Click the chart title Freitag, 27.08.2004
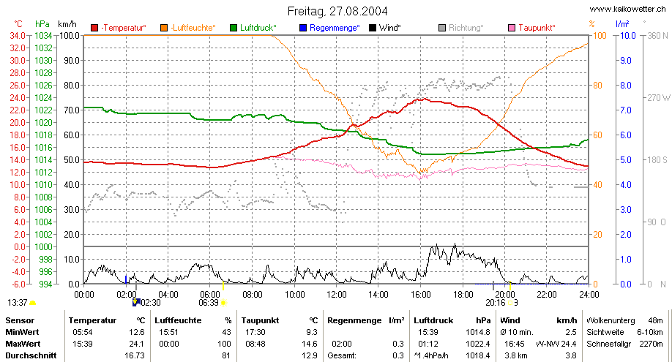pyautogui.click(x=337, y=11)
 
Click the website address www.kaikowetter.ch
pyautogui.click(x=628, y=9)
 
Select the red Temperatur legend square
pyautogui.click(x=94, y=28)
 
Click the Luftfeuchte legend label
pyautogui.click(x=193, y=28)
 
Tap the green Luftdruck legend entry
pyautogui.click(x=253, y=28)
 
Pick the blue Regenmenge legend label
pyautogui.click(x=335, y=28)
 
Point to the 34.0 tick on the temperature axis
pyautogui.click(x=18, y=36)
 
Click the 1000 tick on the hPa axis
pyautogui.click(x=43, y=246)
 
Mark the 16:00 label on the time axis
pyautogui.click(x=420, y=294)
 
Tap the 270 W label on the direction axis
pyautogui.click(x=658, y=98)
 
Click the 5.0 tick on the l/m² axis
pyautogui.click(x=626, y=160)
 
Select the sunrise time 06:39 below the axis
pyautogui.click(x=209, y=303)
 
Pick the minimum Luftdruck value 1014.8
pyautogui.click(x=478, y=332)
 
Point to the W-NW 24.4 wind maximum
pyautogui.click(x=556, y=344)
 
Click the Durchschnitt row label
pyautogui.click(x=31, y=355)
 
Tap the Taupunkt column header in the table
pyautogui.click(x=260, y=320)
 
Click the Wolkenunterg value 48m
pyautogui.click(x=655, y=320)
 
